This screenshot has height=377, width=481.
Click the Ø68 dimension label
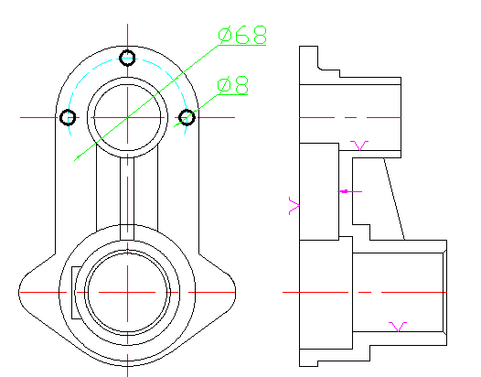(x=242, y=35)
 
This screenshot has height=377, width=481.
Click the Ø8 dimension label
(x=233, y=85)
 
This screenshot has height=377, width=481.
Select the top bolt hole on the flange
(x=127, y=58)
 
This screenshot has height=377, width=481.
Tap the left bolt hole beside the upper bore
(x=68, y=117)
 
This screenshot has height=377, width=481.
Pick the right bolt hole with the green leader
(x=187, y=117)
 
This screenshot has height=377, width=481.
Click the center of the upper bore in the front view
(x=127, y=117)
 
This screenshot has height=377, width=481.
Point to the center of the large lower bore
(x=127, y=292)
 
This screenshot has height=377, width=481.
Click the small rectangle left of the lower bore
(x=77, y=293)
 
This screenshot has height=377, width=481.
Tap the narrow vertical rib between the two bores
(x=127, y=199)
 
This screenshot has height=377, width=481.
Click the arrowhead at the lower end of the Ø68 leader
(x=77, y=157)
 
